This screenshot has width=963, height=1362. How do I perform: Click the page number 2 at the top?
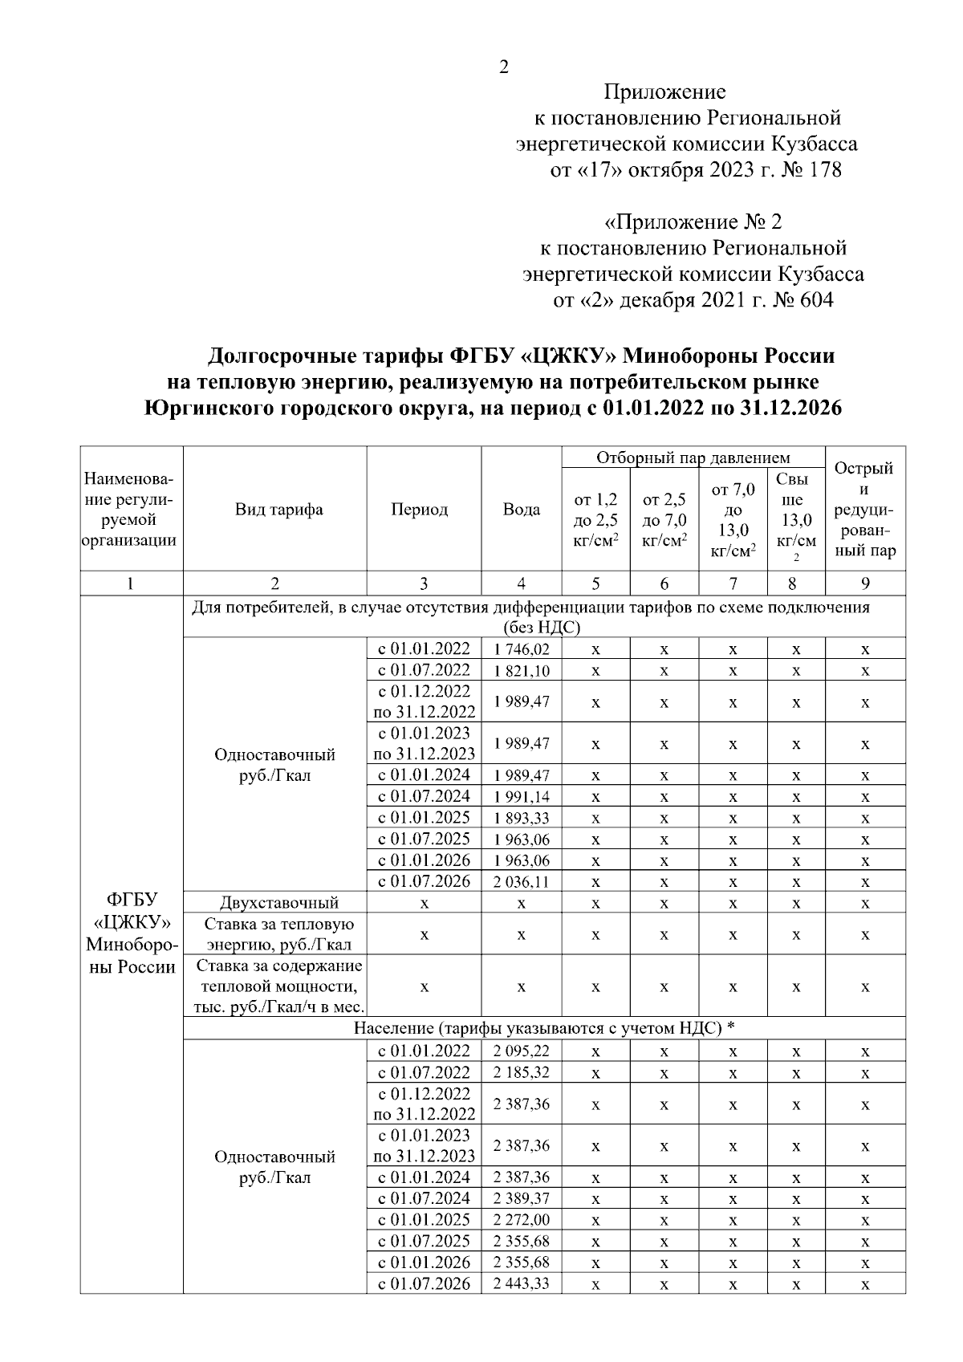tap(503, 67)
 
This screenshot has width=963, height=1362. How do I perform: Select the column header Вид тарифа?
tap(278, 510)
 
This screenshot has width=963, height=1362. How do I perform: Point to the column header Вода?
tap(521, 510)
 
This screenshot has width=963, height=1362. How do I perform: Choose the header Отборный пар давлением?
tap(693, 458)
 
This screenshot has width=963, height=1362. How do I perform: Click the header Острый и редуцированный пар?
tap(864, 510)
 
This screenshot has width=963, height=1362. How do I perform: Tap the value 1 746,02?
tap(522, 649)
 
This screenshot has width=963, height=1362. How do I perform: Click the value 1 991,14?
tap(522, 797)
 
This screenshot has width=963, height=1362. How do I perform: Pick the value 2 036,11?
tap(522, 882)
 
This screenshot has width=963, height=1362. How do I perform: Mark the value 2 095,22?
tap(522, 1051)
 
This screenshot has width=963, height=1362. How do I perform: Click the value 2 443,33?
tap(522, 1284)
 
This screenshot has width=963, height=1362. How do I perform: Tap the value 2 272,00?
tap(522, 1220)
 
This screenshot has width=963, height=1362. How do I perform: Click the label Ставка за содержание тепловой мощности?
tap(279, 986)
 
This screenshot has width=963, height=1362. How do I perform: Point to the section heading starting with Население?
tap(544, 1029)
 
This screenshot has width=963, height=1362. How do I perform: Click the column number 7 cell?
tap(733, 583)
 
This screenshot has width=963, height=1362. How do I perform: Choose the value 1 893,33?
tap(522, 819)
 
